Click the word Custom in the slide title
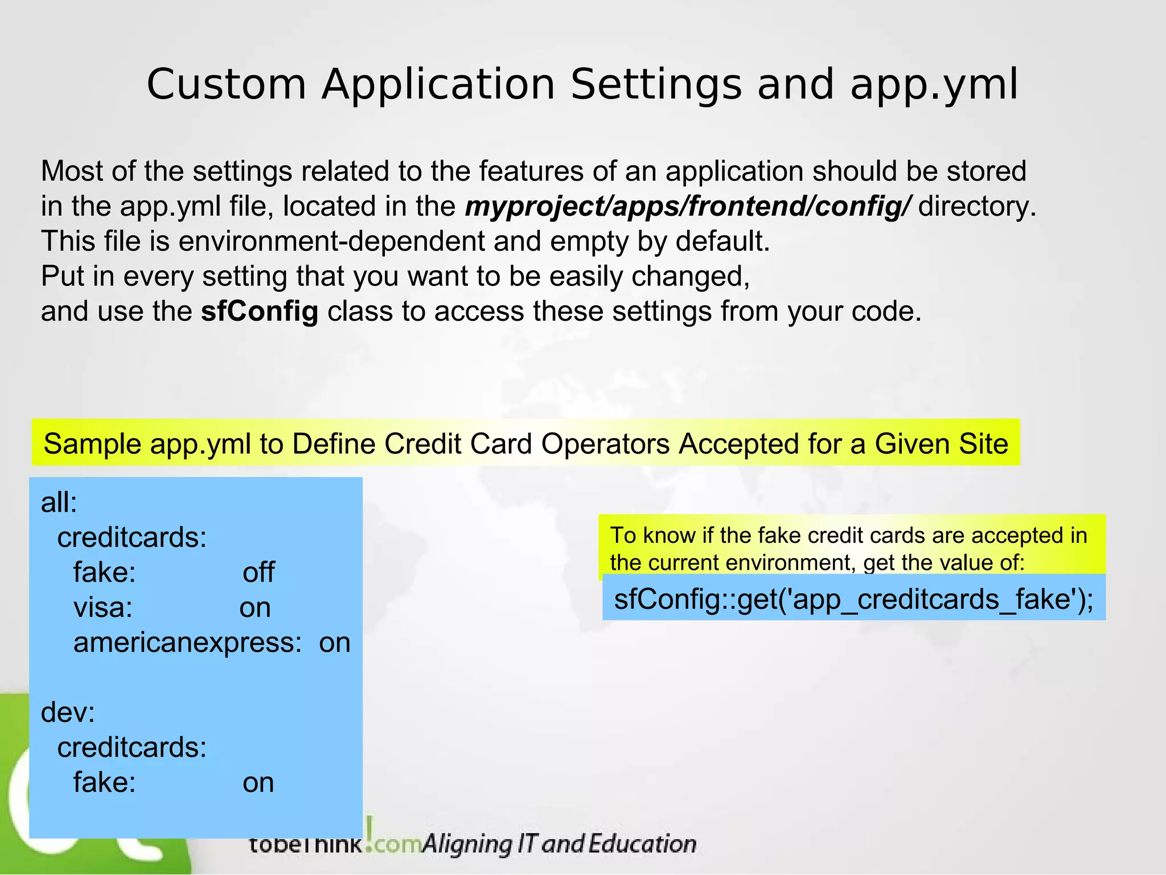[226, 85]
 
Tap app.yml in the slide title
[934, 85]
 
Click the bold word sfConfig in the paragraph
[259, 312]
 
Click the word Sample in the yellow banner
[92, 444]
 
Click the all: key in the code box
[59, 503]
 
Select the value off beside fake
[258, 573]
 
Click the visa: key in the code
[103, 608]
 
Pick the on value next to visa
[254, 608]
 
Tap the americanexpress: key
[187, 643]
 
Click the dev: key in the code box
[68, 713]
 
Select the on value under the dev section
[258, 783]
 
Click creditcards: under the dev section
[132, 747]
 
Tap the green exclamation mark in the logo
[370, 829]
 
